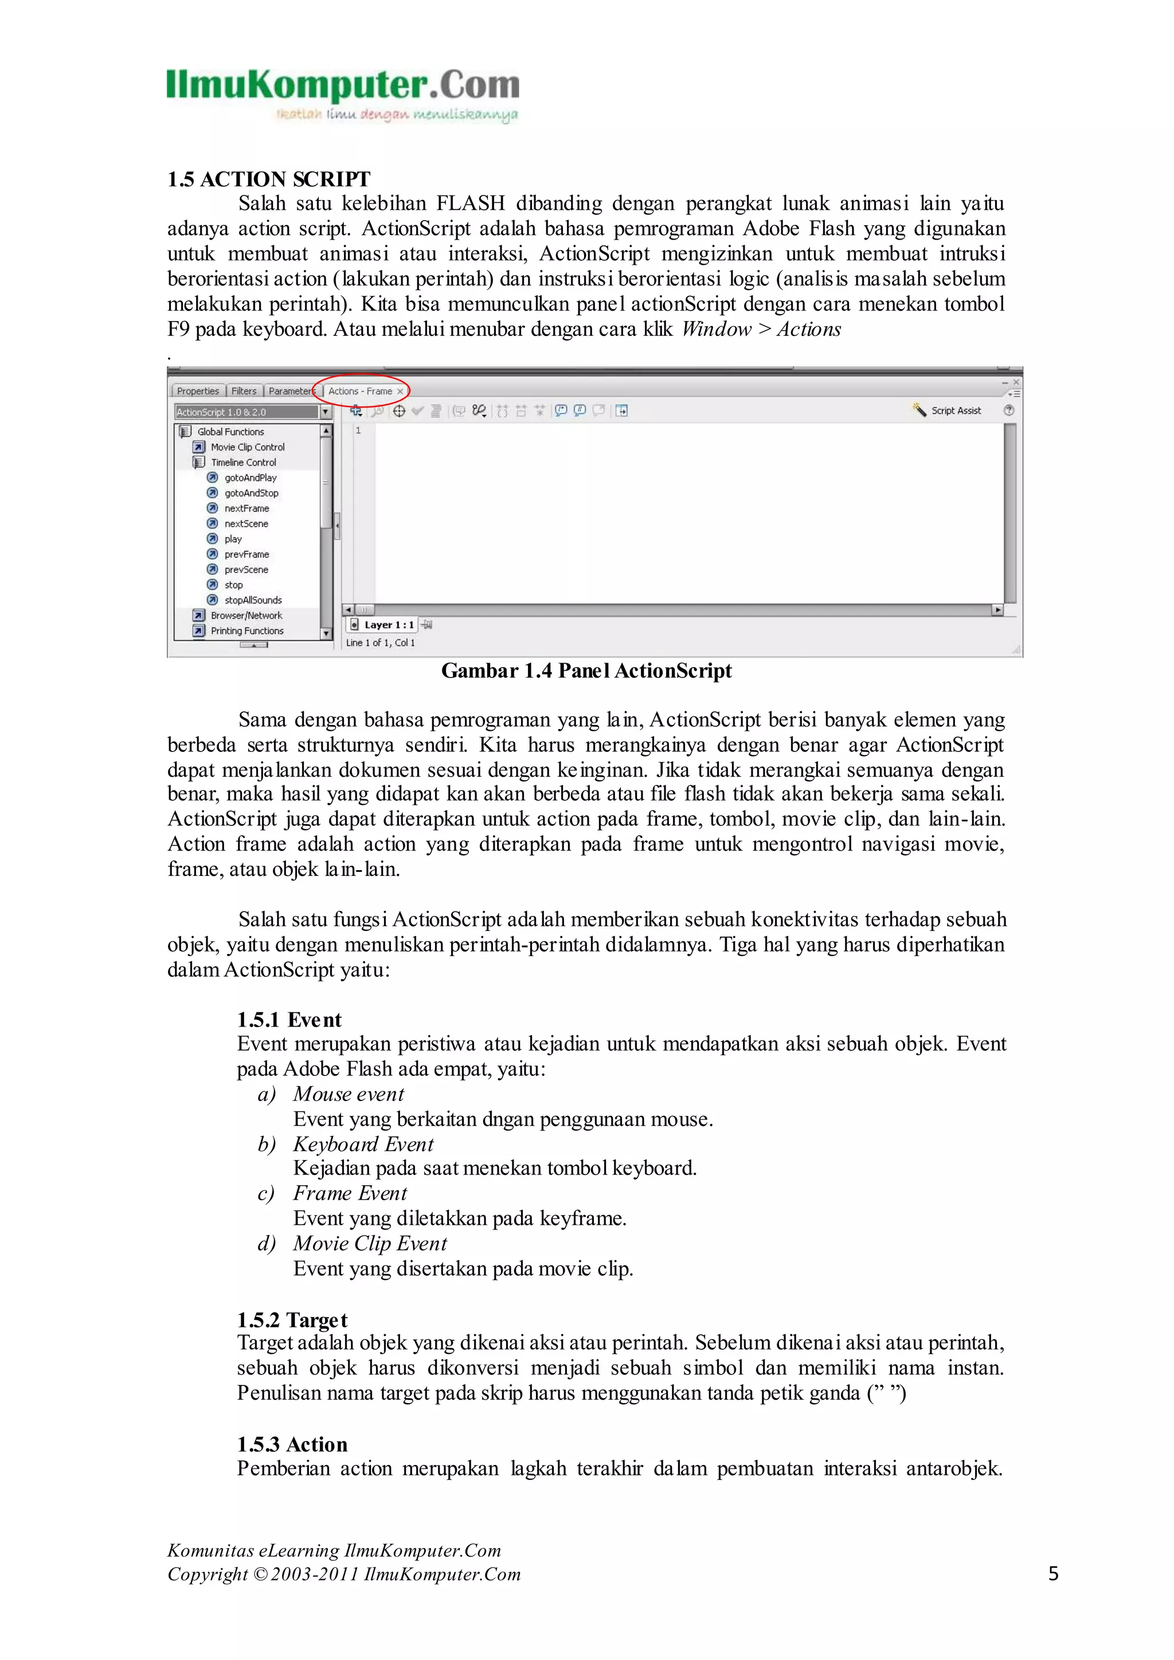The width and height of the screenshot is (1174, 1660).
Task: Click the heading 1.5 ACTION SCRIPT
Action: (268, 179)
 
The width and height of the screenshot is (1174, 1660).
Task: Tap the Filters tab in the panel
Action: (244, 391)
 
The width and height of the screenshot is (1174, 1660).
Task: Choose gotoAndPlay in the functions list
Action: (250, 478)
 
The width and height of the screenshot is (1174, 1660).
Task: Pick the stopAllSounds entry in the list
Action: (252, 600)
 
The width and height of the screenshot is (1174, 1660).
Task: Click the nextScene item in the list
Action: (246, 523)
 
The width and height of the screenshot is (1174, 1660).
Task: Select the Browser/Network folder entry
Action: (246, 615)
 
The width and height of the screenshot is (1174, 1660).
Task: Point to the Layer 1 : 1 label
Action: (389, 625)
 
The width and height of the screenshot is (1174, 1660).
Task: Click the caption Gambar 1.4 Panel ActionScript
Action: (586, 671)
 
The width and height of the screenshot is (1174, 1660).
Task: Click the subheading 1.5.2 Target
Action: (292, 1320)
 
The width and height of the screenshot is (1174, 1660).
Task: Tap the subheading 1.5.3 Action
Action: (292, 1444)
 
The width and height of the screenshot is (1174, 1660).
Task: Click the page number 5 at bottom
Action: (1053, 1573)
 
